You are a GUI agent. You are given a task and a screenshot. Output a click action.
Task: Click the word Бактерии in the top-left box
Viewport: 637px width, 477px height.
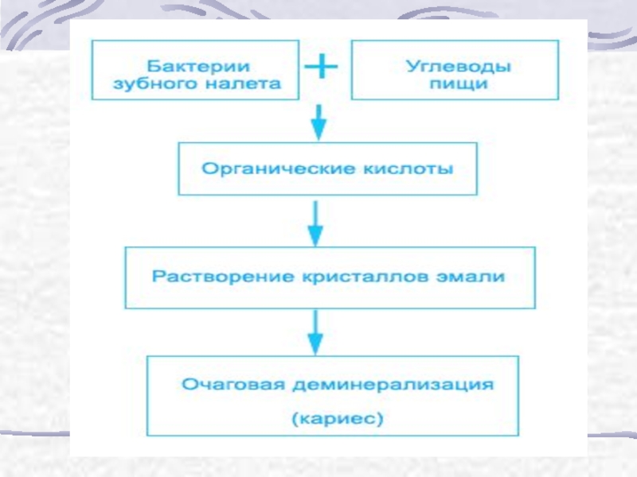tap(198, 66)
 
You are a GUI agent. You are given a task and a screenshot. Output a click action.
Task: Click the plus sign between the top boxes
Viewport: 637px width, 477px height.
tap(321, 66)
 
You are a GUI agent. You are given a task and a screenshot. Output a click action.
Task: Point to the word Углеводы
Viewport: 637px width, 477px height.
tap(459, 66)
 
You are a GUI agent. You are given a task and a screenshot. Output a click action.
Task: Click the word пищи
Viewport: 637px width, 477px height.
tap(459, 83)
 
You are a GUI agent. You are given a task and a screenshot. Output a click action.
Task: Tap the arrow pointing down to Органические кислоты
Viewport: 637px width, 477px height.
tap(319, 122)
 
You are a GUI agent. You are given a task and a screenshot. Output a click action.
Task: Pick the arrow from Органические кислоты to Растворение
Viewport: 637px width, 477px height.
tap(315, 223)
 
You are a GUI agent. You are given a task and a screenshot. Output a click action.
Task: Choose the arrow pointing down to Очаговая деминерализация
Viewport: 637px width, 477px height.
tap(315, 332)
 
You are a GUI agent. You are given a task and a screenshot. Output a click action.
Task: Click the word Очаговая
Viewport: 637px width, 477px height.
tap(233, 384)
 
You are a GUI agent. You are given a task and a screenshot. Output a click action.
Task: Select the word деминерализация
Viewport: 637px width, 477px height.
tap(393, 385)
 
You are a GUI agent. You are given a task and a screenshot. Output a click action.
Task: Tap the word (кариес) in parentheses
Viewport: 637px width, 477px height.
tap(338, 418)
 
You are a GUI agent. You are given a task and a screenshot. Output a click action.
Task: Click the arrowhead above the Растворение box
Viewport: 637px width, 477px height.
tap(315, 235)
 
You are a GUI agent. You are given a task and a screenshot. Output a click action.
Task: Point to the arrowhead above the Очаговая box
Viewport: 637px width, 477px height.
tap(315, 345)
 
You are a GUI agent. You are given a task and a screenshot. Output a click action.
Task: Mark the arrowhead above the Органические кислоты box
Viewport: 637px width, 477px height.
tap(319, 130)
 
